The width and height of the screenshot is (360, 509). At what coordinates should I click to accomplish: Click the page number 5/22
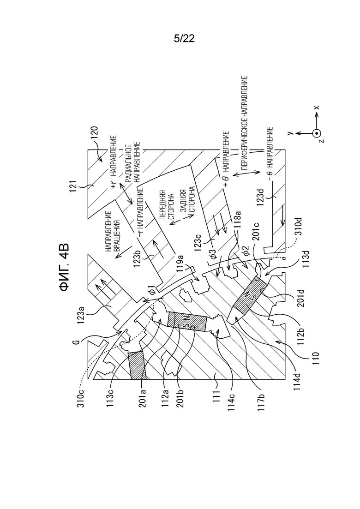pyautogui.click(x=184, y=39)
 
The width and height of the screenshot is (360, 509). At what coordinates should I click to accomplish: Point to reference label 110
pyautogui.click(x=316, y=359)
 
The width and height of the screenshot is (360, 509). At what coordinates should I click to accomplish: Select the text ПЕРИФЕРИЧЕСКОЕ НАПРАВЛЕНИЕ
pyautogui.click(x=245, y=123)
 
